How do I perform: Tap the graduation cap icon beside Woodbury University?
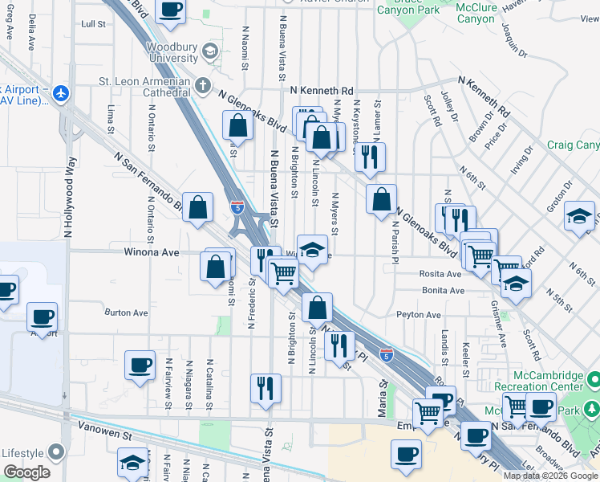point(210,52)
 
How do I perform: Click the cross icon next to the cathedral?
point(203,83)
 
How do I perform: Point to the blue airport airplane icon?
point(60,93)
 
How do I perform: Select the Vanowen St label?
point(102,434)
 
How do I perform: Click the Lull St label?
point(93,24)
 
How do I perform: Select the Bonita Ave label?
point(442,290)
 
